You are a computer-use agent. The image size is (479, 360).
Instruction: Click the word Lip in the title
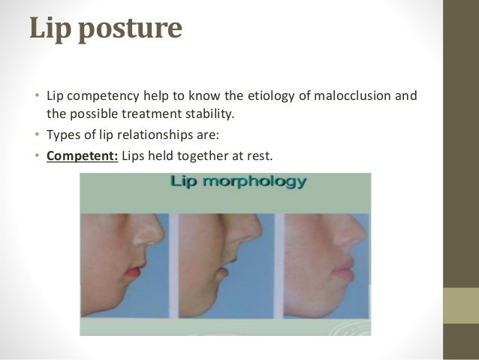click(x=51, y=28)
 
